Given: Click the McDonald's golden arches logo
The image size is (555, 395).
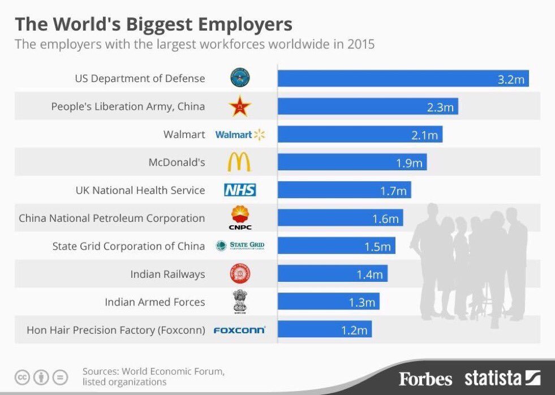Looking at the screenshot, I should click(239, 162).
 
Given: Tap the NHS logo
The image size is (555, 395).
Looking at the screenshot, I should click(240, 190).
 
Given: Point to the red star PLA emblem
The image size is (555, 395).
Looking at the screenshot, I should click(240, 106).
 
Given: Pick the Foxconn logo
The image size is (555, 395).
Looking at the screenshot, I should click(239, 330).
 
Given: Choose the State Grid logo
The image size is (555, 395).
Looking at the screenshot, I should click(240, 246).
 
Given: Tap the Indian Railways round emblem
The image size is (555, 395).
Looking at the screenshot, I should click(240, 274).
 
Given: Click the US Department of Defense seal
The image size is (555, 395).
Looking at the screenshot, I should click(240, 78).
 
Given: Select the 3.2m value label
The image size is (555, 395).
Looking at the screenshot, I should click(511, 79).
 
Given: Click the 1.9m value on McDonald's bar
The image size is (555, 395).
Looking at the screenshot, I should click(409, 163).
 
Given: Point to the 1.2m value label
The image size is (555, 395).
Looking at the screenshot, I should click(354, 330).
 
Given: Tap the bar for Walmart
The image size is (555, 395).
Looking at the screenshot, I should click(360, 135).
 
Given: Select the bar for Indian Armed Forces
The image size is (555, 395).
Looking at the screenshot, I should click(328, 302).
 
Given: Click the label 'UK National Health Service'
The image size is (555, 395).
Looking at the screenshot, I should click(140, 191).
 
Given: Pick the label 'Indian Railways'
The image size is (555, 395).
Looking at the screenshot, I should click(167, 274).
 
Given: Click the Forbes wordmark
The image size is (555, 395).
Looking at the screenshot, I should click(425, 378).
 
